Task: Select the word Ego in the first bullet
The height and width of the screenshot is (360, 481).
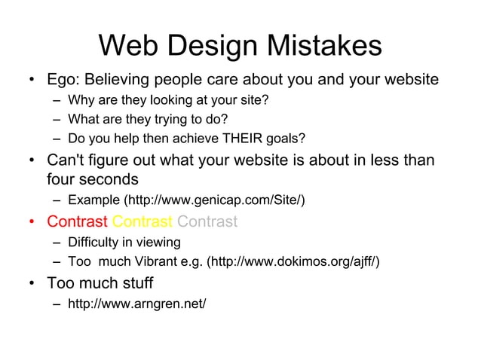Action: point(62,79)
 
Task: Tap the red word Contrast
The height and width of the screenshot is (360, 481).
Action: point(77,221)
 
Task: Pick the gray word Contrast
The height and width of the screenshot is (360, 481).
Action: point(207,221)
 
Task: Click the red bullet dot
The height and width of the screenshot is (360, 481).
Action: point(32,222)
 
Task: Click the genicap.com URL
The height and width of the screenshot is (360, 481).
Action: point(216,200)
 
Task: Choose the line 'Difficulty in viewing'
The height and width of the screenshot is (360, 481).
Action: point(124,243)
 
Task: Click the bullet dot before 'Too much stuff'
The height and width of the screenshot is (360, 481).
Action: point(32,284)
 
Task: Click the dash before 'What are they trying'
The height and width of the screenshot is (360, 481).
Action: point(57,119)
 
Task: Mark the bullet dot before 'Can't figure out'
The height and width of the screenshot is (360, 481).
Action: point(32,160)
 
